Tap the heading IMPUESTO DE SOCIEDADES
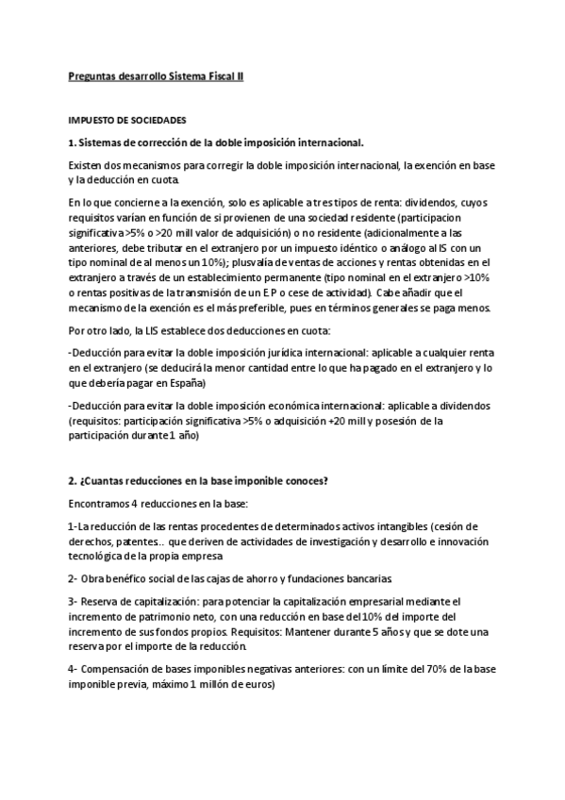click(x=126, y=121)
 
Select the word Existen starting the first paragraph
click(x=88, y=166)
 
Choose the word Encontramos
click(x=104, y=504)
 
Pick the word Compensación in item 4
click(x=120, y=668)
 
